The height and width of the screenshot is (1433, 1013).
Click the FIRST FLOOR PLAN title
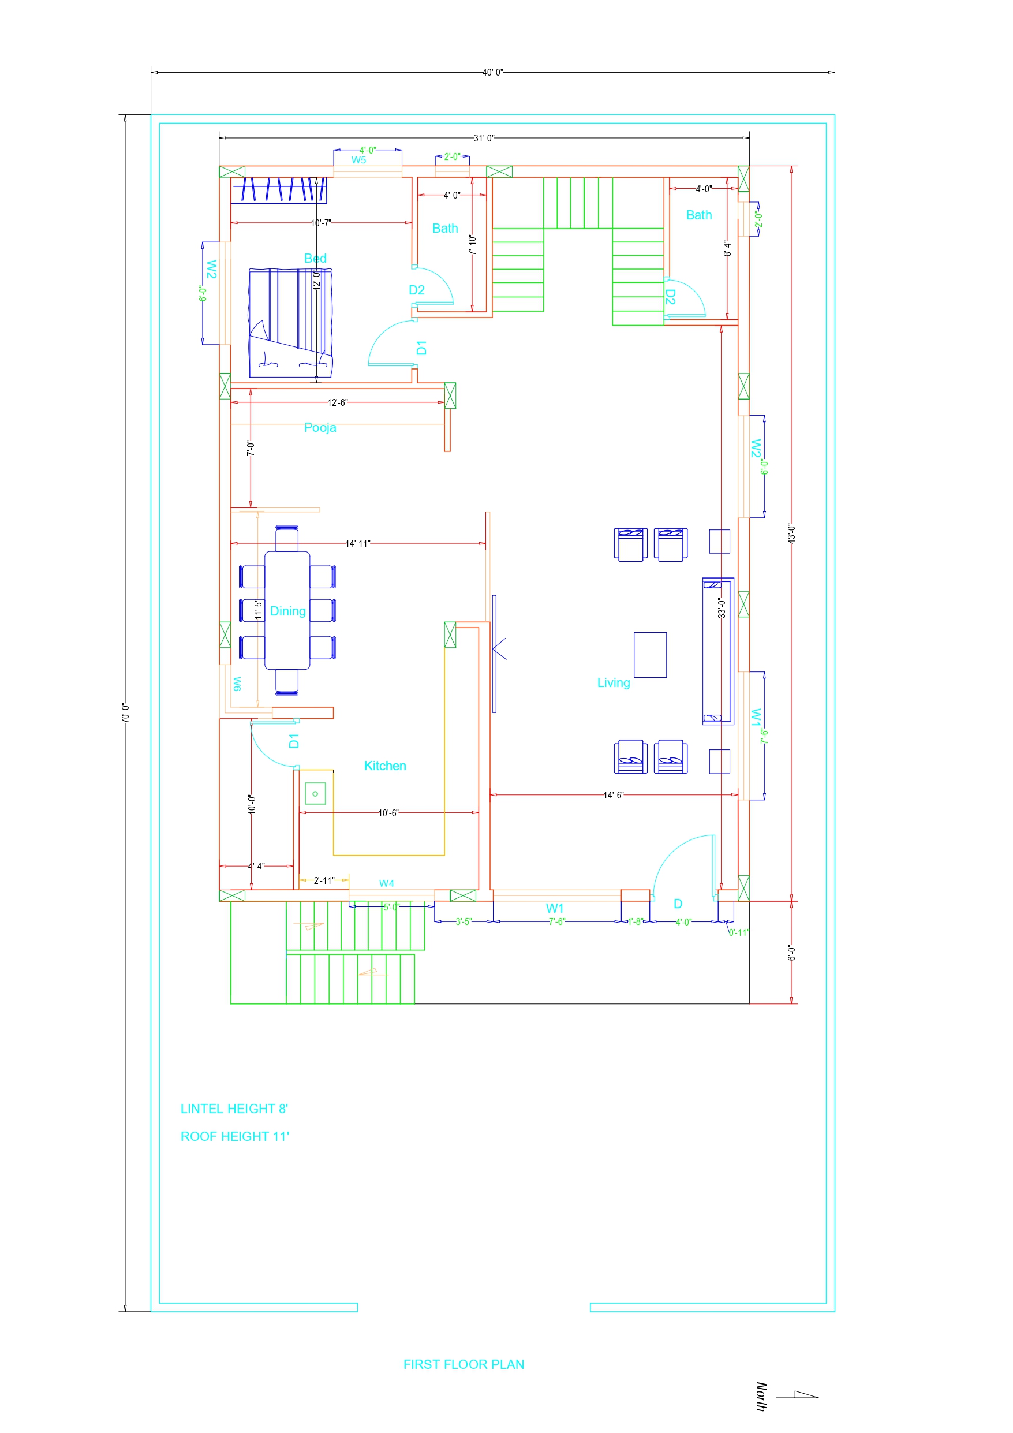point(463,1364)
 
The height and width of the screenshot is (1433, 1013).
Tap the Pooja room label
point(320,427)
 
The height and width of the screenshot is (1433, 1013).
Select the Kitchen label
point(385,766)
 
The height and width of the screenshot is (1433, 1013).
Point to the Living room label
point(614,683)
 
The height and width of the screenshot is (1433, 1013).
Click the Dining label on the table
point(287,611)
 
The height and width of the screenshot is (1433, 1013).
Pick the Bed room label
point(315,259)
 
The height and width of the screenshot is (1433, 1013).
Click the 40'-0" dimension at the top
point(492,72)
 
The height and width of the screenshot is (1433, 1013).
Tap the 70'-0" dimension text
point(125,713)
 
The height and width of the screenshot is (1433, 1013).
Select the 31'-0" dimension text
point(484,138)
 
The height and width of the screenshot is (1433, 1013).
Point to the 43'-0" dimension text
point(791,534)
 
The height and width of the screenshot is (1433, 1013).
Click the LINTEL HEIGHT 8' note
point(234,1109)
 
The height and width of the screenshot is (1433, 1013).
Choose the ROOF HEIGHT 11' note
point(235,1136)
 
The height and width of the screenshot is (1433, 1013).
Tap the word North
point(761,1397)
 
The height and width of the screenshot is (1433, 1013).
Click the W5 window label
point(358,161)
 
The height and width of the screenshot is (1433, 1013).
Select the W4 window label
point(386,883)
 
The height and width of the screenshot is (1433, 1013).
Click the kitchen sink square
point(315,794)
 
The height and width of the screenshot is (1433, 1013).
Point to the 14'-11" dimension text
point(358,544)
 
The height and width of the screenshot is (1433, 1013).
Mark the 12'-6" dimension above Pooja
point(338,402)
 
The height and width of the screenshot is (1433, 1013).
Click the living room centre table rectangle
point(651,655)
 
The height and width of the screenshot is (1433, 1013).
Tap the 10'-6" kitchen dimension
point(388,812)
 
